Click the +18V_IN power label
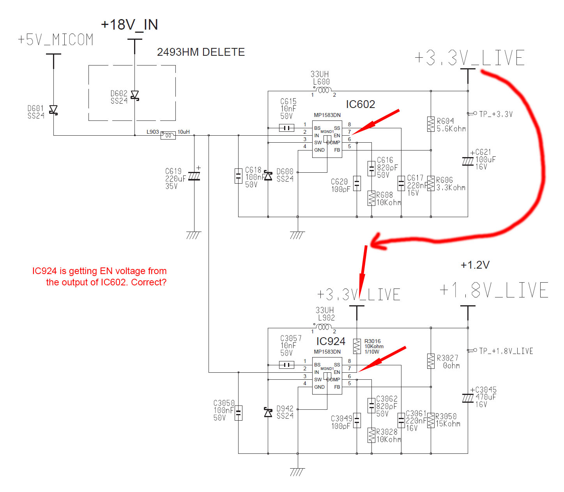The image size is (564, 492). click(x=129, y=25)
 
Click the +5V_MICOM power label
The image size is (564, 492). click(x=55, y=39)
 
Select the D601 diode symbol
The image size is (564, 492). click(x=53, y=110)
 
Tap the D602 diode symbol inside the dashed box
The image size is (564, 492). click(x=134, y=96)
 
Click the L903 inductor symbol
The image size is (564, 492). click(x=168, y=135)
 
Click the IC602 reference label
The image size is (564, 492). click(x=360, y=104)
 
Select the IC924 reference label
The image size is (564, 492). click(x=331, y=341)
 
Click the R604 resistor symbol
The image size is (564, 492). click(x=431, y=124)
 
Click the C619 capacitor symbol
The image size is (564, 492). click(x=194, y=176)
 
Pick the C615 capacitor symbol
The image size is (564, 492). click(x=286, y=128)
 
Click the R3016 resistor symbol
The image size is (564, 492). click(x=357, y=346)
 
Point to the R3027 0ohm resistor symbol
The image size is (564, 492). click(x=431, y=361)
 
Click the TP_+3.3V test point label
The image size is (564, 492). click(x=496, y=114)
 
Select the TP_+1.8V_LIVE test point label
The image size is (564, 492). click(x=506, y=351)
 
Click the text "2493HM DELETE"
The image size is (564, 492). click(x=201, y=52)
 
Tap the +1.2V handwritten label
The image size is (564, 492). click(x=475, y=265)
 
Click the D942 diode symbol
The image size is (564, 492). click(x=268, y=412)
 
